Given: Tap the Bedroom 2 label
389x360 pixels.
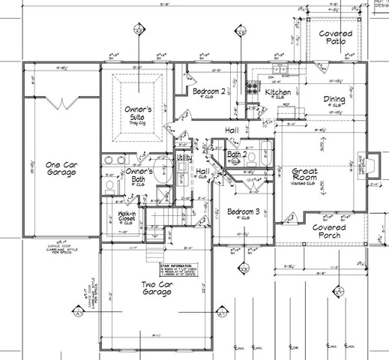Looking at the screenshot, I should click(206, 91).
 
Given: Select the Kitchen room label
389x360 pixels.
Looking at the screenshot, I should click(278, 92).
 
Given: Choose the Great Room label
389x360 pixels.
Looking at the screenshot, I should click(306, 176).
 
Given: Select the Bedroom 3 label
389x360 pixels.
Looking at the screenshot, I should click(242, 212).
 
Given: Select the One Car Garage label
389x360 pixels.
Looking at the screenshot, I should click(61, 169).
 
